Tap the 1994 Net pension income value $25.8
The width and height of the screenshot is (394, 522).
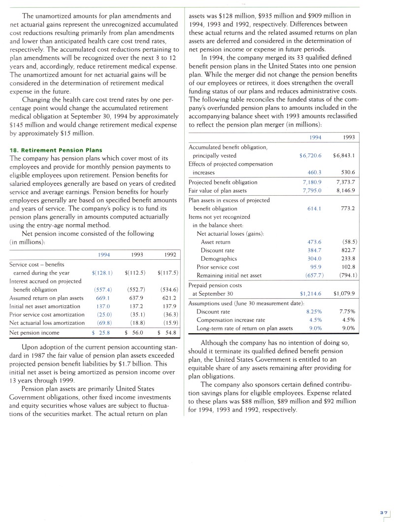102,333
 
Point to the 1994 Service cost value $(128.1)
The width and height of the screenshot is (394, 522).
102,273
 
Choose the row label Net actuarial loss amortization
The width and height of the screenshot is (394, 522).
47,323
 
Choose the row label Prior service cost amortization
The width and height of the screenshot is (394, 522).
47,314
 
